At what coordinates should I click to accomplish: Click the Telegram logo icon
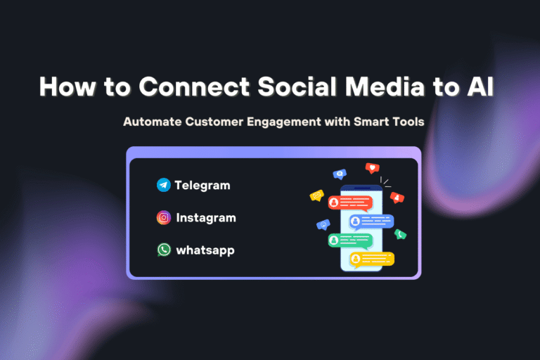[x=164, y=186]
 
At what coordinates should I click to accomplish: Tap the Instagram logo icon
[x=164, y=218]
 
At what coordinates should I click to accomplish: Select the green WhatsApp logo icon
[x=164, y=250]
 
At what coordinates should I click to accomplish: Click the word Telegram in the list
[x=202, y=186]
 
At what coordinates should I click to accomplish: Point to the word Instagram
[x=206, y=218]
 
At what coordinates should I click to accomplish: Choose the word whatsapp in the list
[x=205, y=250]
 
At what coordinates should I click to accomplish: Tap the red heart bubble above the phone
[x=372, y=168]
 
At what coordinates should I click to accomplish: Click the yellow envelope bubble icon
[x=316, y=195]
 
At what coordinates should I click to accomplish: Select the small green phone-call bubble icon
[x=400, y=234]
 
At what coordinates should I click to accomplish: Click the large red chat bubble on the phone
[x=349, y=202]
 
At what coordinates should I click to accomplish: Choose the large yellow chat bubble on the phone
[x=372, y=259]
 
